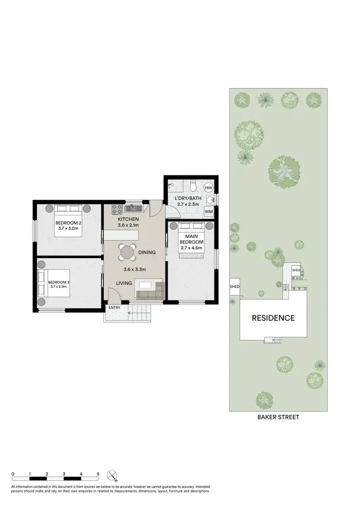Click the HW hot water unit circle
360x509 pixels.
pos(209,188)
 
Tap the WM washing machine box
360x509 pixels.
pos(209,211)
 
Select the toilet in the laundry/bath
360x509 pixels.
pos(192,185)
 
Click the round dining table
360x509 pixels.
pos(128,251)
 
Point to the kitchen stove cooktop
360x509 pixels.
pos(116,209)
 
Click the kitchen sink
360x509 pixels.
pos(132,209)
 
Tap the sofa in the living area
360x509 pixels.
pos(150,290)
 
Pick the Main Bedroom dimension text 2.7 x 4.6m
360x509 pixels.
pos(192,248)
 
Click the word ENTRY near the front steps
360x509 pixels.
pos(115,308)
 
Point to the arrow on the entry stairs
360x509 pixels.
pos(131,312)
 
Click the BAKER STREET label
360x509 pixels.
pos(278,417)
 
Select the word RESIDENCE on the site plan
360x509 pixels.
pos(274,318)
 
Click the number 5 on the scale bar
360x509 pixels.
pos(98,473)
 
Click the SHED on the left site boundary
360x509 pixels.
pos(234,287)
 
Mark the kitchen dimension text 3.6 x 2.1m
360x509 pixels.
pos(128,225)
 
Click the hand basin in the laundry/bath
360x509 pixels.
pos(210,199)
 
